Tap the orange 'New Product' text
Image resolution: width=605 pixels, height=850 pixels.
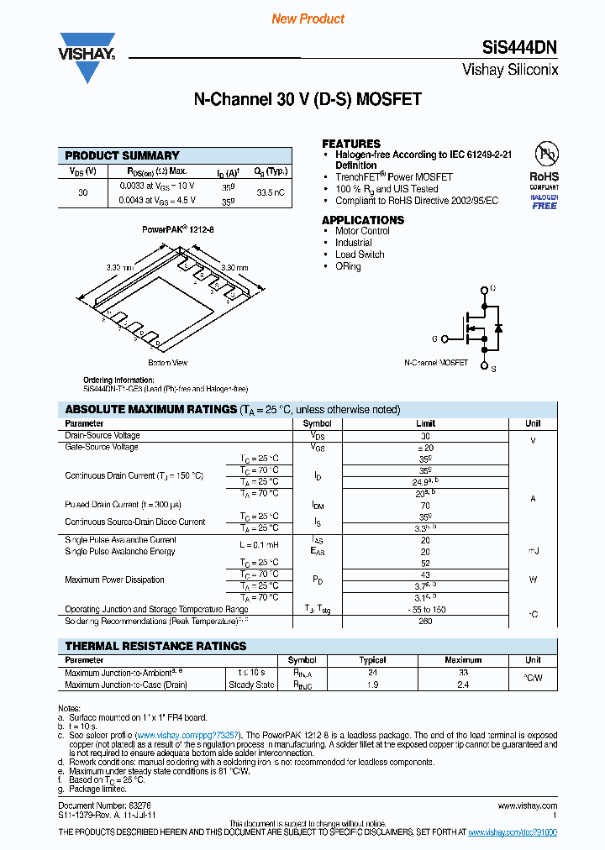[308, 18]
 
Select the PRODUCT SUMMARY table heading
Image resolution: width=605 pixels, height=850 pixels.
[123, 155]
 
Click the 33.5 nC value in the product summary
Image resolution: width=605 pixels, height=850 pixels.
[270, 193]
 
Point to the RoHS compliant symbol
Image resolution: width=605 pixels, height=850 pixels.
[544, 177]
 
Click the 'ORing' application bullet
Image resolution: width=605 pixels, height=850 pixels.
[348, 266]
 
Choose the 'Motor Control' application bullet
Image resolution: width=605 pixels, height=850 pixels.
[362, 231]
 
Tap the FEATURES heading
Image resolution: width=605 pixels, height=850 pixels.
[351, 144]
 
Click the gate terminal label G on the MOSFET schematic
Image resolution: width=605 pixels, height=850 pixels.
[435, 338]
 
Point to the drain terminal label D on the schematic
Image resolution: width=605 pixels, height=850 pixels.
[492, 289]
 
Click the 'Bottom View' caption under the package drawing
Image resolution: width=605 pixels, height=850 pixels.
[168, 362]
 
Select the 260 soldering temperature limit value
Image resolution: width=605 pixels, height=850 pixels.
[425, 622]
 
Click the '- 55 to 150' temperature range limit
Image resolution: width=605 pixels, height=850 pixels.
[425, 610]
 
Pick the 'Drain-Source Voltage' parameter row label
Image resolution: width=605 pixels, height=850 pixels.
[103, 436]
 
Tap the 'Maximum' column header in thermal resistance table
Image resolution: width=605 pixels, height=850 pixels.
[463, 660]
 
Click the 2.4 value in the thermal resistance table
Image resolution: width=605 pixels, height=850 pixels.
[463, 685]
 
